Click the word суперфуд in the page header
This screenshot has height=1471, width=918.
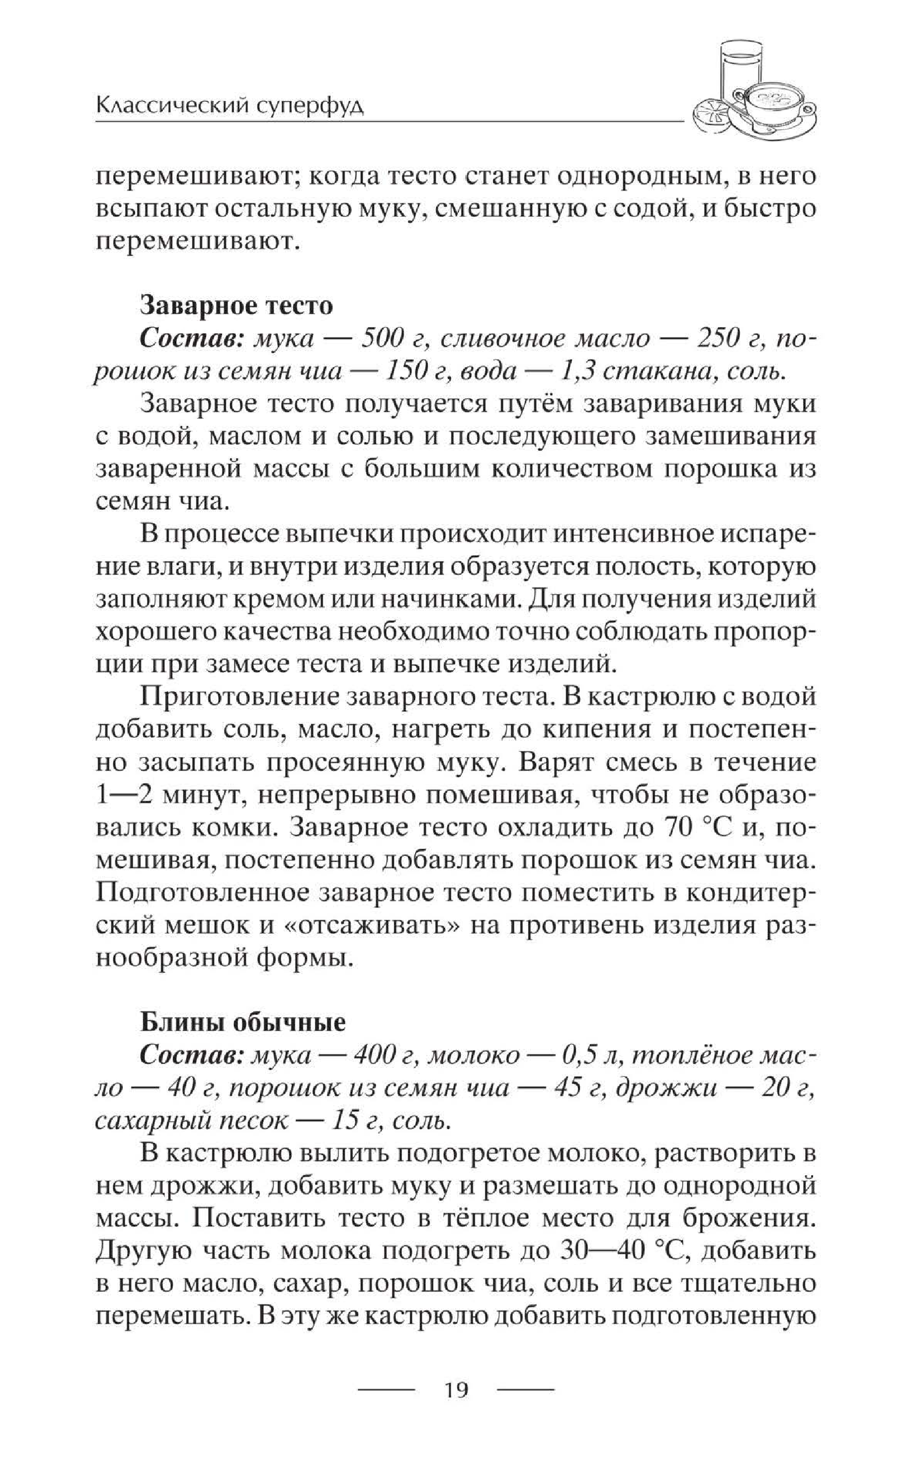coord(309,107)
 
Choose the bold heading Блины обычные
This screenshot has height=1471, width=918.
coord(243,1022)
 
